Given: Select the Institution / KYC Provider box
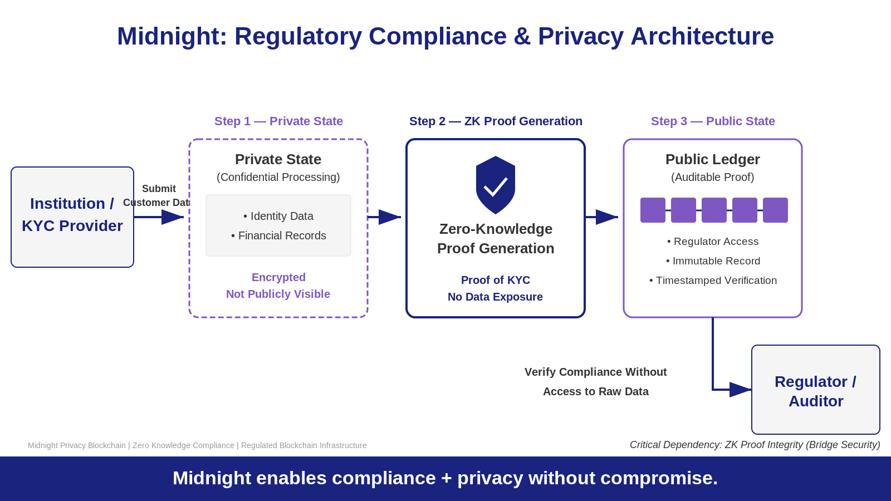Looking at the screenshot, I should pyautogui.click(x=72, y=217).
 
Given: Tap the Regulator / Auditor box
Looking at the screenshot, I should pyautogui.click(x=815, y=390).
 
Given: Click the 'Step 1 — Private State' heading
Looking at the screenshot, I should pyautogui.click(x=278, y=121).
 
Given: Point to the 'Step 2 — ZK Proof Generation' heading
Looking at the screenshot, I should pyautogui.click(x=496, y=121).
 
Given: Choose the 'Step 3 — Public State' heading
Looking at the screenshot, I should pyautogui.click(x=713, y=121).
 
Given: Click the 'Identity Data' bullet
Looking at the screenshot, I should pyautogui.click(x=278, y=216).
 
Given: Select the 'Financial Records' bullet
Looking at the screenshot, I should pyautogui.click(x=278, y=235).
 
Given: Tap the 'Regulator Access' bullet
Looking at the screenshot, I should pyautogui.click(x=713, y=242).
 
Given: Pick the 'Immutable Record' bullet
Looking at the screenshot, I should pyautogui.click(x=713, y=261).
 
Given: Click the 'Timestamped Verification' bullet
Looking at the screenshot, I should pyautogui.click(x=713, y=281).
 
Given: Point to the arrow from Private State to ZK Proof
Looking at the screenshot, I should pyautogui.click(x=385, y=217).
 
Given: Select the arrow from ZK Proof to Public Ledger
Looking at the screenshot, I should pyautogui.click(x=603, y=217).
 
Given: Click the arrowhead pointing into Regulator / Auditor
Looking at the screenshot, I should pyautogui.click(x=741, y=390).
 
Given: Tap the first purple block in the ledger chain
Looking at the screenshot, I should pyautogui.click(x=653, y=210).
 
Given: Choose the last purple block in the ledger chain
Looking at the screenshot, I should pyautogui.click(x=775, y=210).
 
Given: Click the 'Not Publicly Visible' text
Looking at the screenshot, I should pyautogui.click(x=278, y=294).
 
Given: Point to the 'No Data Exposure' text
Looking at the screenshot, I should pyautogui.click(x=495, y=297).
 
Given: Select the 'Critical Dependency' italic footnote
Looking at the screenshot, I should pyautogui.click(x=755, y=445).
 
